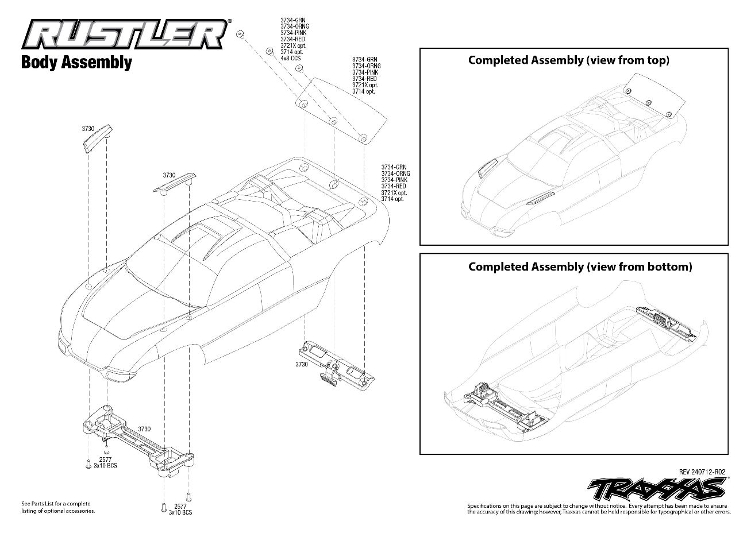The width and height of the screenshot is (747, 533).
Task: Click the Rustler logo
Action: coord(126,34)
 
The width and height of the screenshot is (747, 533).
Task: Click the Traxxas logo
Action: coord(657,489)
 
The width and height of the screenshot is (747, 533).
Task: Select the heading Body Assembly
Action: coord(76,63)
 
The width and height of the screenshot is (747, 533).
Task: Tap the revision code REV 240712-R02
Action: coord(702,472)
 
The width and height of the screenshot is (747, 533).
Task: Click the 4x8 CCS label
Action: coord(290,59)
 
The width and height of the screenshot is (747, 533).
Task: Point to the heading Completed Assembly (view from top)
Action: coord(569,60)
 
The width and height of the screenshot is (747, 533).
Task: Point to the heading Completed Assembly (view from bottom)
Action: coord(580,266)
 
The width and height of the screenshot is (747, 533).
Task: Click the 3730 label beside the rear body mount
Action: coord(302,364)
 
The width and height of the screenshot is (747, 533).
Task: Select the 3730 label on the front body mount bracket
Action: coord(144,429)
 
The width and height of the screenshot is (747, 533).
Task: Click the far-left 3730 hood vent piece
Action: coord(97,140)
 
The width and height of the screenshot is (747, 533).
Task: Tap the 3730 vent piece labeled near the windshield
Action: coord(175,184)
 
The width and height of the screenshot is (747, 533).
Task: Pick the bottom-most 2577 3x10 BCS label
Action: coord(180,509)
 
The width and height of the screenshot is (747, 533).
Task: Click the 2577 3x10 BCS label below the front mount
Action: coord(105,463)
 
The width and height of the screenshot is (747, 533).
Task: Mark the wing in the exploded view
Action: coord(341,111)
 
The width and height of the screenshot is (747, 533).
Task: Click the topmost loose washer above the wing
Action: coord(240,34)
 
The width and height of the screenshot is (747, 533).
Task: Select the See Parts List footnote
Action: coord(58,507)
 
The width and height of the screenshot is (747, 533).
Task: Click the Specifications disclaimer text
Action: coord(599,509)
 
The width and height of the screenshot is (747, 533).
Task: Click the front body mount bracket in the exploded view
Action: coord(138,440)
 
